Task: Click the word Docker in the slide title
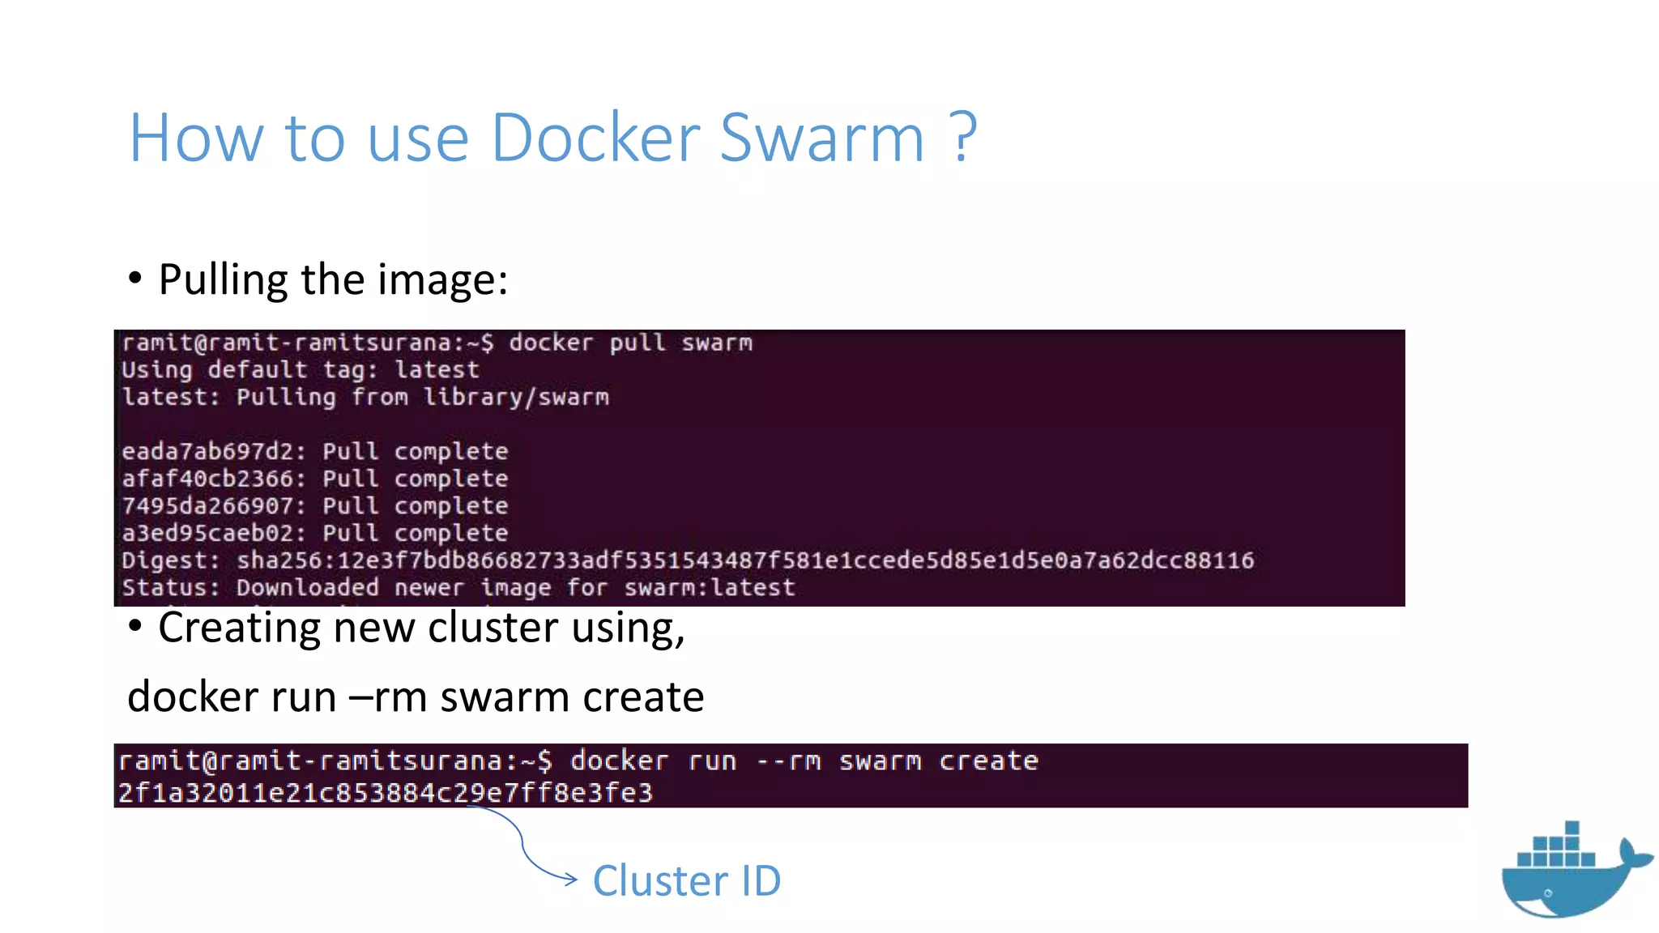tap(595, 138)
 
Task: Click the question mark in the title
tap(963, 138)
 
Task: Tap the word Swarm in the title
tap(821, 138)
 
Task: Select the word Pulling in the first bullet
tap(223, 281)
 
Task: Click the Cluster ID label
tap(686, 880)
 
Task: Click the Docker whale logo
tap(1572, 871)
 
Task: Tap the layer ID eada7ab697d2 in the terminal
tap(207, 451)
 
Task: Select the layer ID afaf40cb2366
tap(207, 479)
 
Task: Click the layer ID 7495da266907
tap(207, 506)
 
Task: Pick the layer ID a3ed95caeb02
tap(207, 533)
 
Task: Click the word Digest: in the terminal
tap(170, 560)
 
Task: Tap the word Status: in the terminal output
tap(170, 587)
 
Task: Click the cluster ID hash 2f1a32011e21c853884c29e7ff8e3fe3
tap(385, 792)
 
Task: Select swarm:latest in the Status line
tap(710, 587)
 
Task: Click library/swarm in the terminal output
tap(516, 397)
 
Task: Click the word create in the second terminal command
tap(988, 760)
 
